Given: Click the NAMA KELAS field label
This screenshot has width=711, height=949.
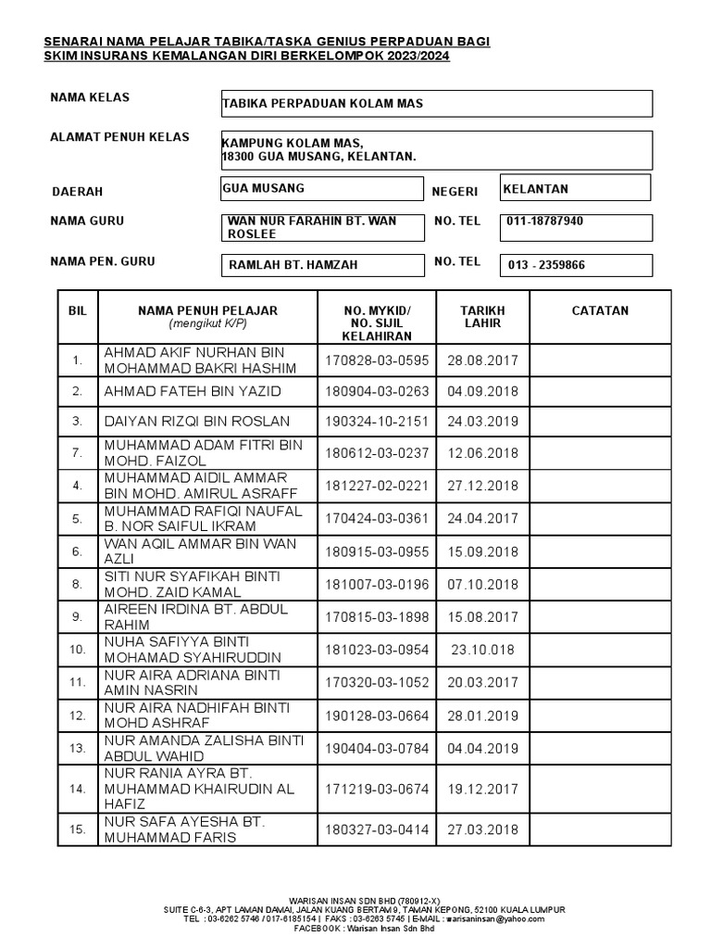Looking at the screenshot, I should click(90, 97).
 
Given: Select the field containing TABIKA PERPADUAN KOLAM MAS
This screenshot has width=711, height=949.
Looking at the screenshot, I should click(436, 104).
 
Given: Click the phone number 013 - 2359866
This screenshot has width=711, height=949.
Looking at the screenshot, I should click(546, 265).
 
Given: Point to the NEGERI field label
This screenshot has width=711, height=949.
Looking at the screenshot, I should click(455, 191).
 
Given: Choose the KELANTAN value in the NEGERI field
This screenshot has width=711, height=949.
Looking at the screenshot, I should click(536, 189).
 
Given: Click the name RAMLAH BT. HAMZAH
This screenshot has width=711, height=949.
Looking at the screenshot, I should click(293, 265).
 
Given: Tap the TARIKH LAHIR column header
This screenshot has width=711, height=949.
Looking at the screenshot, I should click(482, 317).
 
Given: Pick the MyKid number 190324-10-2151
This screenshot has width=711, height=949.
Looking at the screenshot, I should click(377, 421).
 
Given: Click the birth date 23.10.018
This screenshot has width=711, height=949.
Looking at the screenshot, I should click(481, 649).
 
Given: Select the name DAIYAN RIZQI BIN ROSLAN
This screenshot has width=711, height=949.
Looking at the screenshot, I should click(197, 421).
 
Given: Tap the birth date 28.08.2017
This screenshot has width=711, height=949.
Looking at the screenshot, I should click(481, 360).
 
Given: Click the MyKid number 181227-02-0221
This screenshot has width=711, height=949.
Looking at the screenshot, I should click(377, 486).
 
